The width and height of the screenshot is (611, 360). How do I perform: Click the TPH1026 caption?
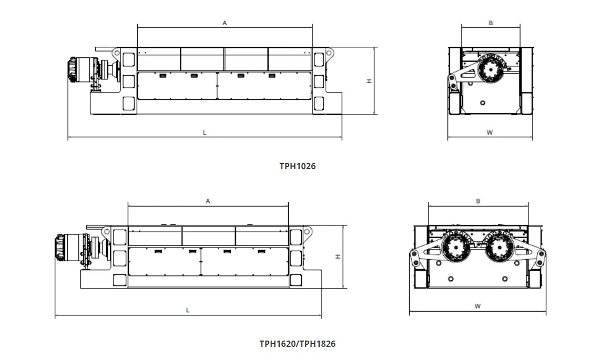[x=297, y=166]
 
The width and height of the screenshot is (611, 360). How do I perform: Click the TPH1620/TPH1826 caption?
[x=297, y=344]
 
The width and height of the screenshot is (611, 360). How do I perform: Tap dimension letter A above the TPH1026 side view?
[x=225, y=23]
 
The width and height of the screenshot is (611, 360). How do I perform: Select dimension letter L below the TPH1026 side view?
[x=205, y=132]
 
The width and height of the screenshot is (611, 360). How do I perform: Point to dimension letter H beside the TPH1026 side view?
[x=369, y=81]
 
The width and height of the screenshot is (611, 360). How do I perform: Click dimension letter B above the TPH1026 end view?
[x=491, y=23]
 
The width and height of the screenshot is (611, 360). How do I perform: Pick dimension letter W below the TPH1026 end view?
[x=490, y=132]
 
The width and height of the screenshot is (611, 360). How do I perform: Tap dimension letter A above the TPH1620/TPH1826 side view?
[x=208, y=201]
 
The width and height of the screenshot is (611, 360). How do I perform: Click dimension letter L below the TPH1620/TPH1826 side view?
[x=188, y=310]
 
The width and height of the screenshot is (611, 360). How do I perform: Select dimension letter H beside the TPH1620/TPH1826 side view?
[x=338, y=256]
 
